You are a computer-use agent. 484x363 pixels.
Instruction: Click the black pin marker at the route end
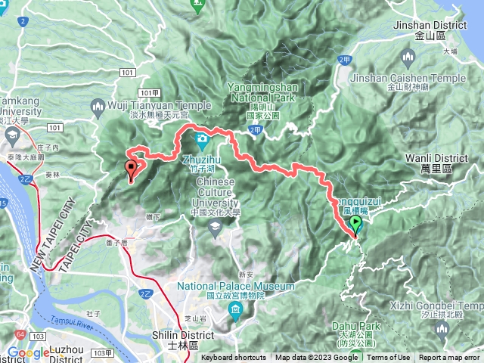[x=132, y=169]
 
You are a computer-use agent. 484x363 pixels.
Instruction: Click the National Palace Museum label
[x=236, y=287]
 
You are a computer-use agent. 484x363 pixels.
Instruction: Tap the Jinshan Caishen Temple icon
[x=409, y=58]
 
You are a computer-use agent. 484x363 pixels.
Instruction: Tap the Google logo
[x=28, y=352]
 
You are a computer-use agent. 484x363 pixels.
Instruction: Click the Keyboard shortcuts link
[x=234, y=358]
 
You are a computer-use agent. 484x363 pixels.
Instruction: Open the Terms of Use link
[x=389, y=358]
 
